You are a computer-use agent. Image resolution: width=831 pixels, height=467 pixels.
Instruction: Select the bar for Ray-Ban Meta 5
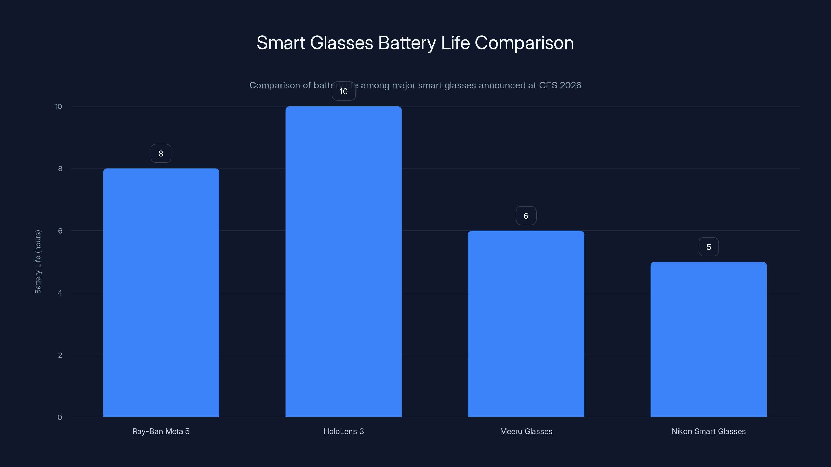pos(161,292)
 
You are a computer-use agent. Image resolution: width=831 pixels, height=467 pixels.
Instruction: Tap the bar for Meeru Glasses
pos(526,324)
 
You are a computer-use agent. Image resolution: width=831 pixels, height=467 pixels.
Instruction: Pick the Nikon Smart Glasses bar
pos(708,339)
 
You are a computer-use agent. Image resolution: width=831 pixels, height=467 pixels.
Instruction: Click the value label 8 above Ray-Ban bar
pos(161,153)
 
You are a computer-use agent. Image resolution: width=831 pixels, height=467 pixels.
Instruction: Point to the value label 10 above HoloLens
pos(344,92)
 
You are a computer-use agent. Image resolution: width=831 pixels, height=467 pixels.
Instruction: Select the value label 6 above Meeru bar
pos(526,216)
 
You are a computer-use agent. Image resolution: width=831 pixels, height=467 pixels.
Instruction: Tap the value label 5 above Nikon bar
pos(708,247)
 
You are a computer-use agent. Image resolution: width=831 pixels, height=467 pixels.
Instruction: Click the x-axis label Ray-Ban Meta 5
pos(161,431)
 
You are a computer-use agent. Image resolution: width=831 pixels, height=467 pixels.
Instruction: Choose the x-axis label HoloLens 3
pos(344,431)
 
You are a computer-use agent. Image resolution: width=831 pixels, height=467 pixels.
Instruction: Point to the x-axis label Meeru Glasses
pos(526,431)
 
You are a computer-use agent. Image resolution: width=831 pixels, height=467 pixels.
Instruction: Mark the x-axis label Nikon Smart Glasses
pos(708,431)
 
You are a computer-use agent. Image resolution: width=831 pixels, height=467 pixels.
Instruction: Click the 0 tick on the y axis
pos(60,417)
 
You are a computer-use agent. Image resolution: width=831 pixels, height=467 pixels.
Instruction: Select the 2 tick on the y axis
pos(60,355)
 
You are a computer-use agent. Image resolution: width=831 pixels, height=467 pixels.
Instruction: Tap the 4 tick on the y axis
pos(60,293)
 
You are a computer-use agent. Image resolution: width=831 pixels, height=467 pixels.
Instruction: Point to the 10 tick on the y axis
pos(58,106)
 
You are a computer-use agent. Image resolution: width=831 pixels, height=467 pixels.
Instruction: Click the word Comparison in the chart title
pos(524,43)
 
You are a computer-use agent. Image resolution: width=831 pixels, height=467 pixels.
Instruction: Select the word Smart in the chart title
pos(281,43)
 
